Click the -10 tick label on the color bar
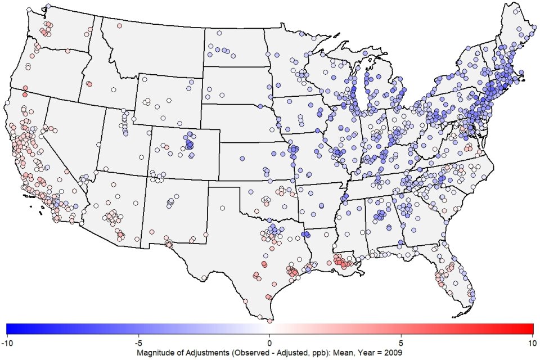click(7, 341)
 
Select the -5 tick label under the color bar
click(138, 341)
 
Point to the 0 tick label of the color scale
click(269, 341)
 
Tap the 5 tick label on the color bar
click(401, 341)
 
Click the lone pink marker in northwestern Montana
click(119, 26)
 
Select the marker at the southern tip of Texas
click(269, 321)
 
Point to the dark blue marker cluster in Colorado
click(189, 145)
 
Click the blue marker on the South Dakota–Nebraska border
click(260, 106)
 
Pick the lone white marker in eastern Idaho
click(113, 89)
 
